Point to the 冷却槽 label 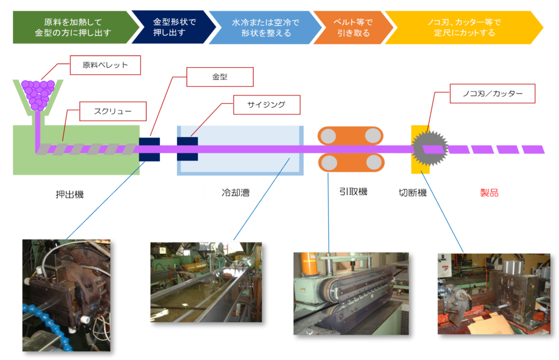pos(235,193)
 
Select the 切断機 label pos(412,193)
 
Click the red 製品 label pos(489,193)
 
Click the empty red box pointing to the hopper pos(105,65)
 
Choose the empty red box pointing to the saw pos(492,93)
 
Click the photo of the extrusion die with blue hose pos(66,295)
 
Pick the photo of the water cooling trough pos(206,282)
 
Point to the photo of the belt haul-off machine pos(350,293)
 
